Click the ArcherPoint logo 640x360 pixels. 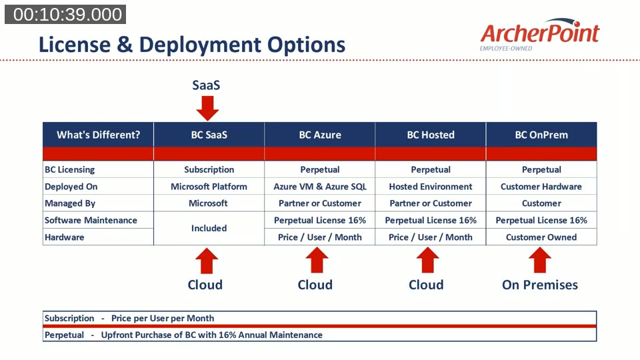[x=539, y=34]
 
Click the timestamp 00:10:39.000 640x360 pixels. [x=65, y=15]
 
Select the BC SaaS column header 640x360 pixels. [x=209, y=135]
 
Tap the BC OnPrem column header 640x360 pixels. [x=541, y=135]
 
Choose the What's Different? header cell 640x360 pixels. [x=98, y=135]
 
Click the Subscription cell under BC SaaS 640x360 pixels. [x=209, y=170]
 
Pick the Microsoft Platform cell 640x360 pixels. [x=209, y=187]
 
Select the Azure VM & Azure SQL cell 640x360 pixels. [x=320, y=187]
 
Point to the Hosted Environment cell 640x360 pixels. [x=431, y=187]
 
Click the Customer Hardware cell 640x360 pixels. [x=541, y=187]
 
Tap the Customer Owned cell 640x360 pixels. [x=541, y=237]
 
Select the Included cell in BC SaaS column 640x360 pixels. [x=209, y=228]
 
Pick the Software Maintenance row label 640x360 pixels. [x=91, y=220]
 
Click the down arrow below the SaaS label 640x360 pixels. [x=207, y=107]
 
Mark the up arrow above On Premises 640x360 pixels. [x=539, y=260]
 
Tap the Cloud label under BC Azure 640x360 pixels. [x=315, y=285]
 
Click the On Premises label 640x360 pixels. [x=539, y=285]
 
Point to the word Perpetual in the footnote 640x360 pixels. [x=64, y=335]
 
